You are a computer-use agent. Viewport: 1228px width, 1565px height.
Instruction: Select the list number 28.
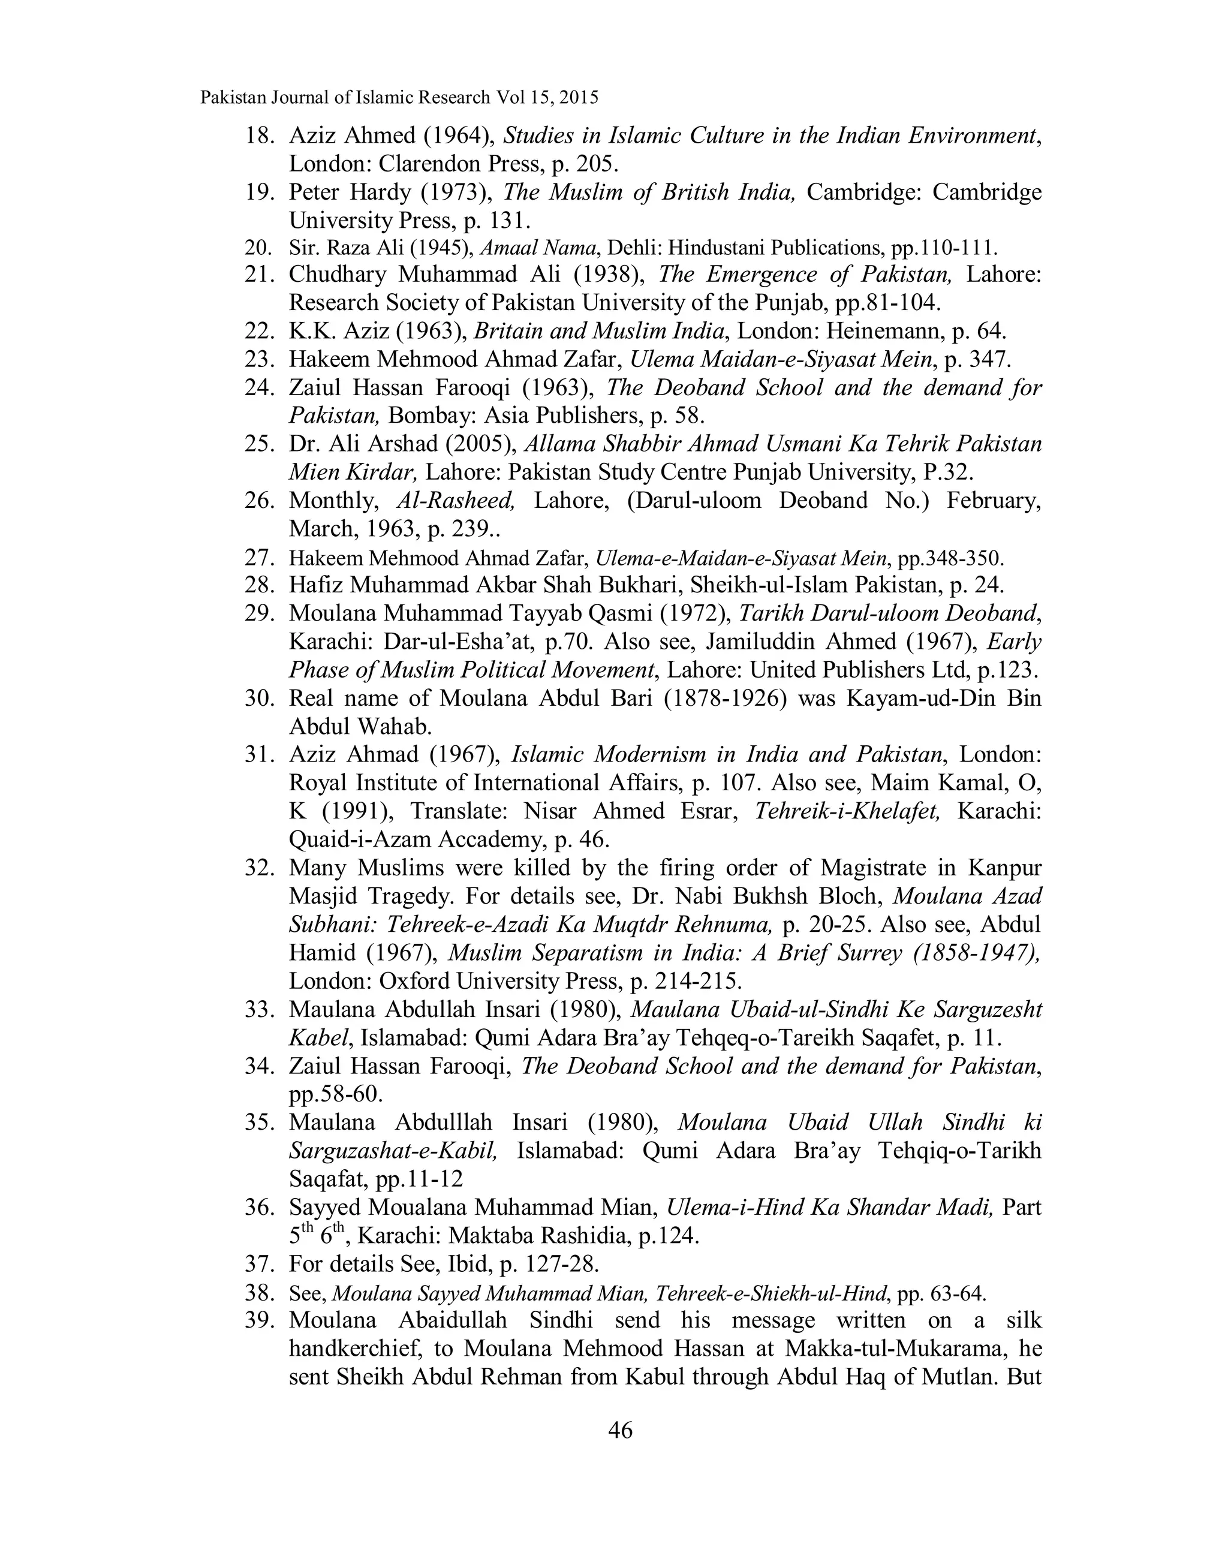pyautogui.click(x=260, y=585)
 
